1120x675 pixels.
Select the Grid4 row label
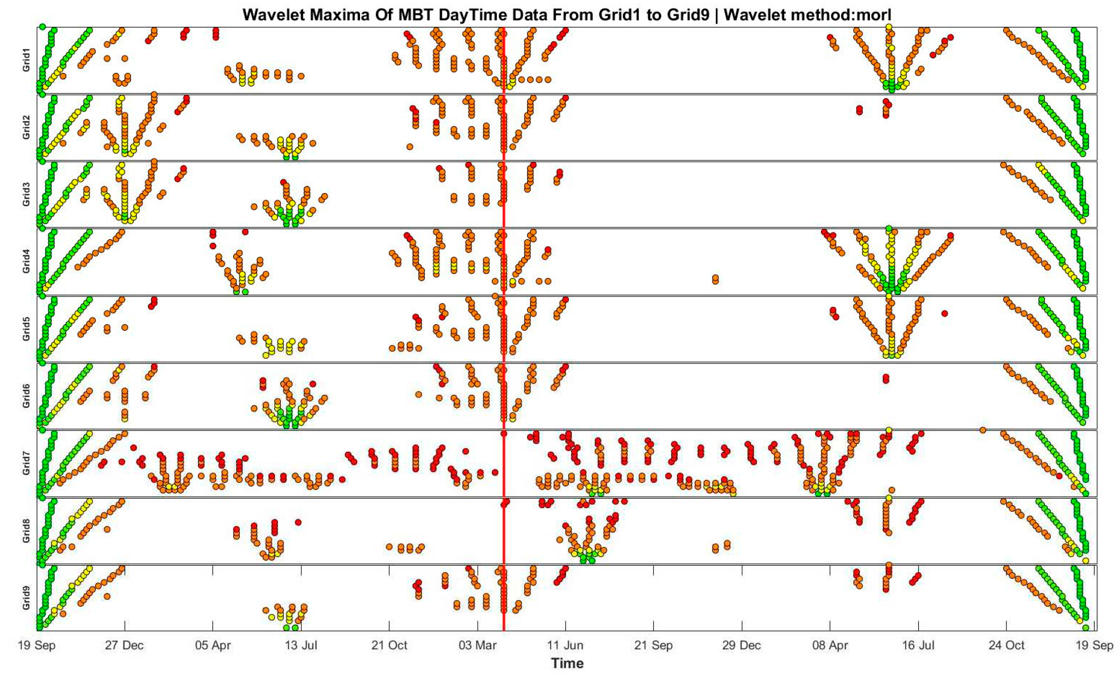click(x=26, y=261)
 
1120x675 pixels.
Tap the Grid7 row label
click(x=26, y=463)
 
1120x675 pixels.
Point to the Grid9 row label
click(x=26, y=598)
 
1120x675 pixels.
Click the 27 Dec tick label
click(x=124, y=645)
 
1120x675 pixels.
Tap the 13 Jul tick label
click(x=301, y=645)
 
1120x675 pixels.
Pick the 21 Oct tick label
click(x=389, y=645)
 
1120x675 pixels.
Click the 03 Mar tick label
click(x=477, y=645)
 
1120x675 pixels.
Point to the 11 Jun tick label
click(x=565, y=645)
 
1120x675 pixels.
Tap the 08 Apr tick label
click(x=830, y=645)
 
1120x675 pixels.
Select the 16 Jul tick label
click(x=918, y=645)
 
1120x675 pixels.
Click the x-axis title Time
click(x=567, y=663)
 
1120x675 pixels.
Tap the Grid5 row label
click(x=26, y=329)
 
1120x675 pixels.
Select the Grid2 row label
click(x=26, y=127)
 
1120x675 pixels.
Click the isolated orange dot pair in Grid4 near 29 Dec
click(x=715, y=279)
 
